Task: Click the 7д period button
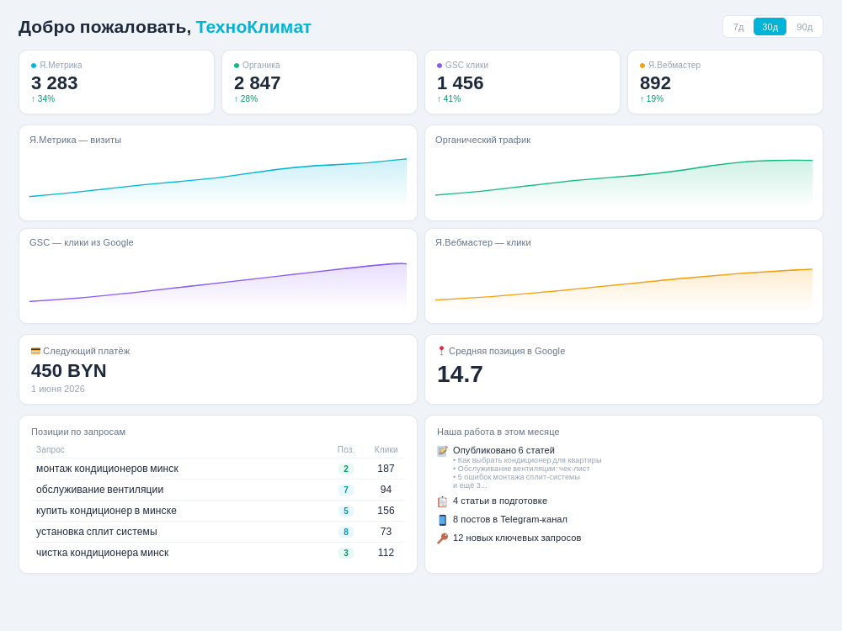(738, 27)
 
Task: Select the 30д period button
(770, 27)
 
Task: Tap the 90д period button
(804, 27)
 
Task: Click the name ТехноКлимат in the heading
(253, 27)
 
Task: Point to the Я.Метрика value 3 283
(54, 83)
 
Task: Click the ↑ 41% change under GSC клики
(449, 98)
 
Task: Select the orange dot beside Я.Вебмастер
(642, 66)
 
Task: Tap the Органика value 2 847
(257, 83)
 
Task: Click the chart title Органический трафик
(482, 140)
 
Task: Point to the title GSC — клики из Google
(81, 242)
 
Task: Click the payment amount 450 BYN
(69, 371)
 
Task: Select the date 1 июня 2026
(58, 389)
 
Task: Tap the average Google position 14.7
(461, 374)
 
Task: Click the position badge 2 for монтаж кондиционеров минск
(346, 469)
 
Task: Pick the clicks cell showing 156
(386, 511)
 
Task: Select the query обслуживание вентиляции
(100, 490)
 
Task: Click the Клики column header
(386, 449)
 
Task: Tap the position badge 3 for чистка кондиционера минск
(346, 554)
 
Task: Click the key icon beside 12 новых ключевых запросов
(443, 538)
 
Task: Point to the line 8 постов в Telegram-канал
(510, 519)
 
